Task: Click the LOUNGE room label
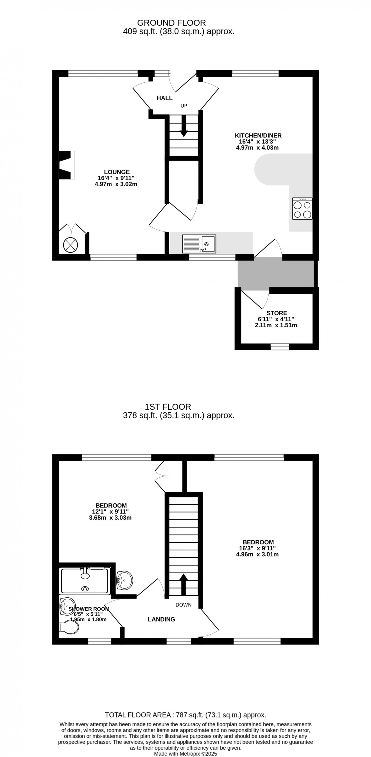pyautogui.click(x=117, y=172)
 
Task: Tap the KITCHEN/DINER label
pyautogui.click(x=258, y=136)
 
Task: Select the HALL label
pyautogui.click(x=164, y=98)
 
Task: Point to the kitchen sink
pyautogui.click(x=199, y=244)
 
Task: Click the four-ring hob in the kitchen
pyautogui.click(x=302, y=208)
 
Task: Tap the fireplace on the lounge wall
pyautogui.click(x=66, y=165)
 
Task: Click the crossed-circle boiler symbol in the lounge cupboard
pyautogui.click(x=71, y=244)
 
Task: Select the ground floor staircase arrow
pyautogui.click(x=184, y=126)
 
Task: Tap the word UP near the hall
pyautogui.click(x=184, y=106)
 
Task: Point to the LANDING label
pyautogui.click(x=161, y=619)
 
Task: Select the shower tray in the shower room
pyautogui.click(x=85, y=581)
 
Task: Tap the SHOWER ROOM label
pyautogui.click(x=89, y=609)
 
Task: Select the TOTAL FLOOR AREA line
pyautogui.click(x=185, y=715)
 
